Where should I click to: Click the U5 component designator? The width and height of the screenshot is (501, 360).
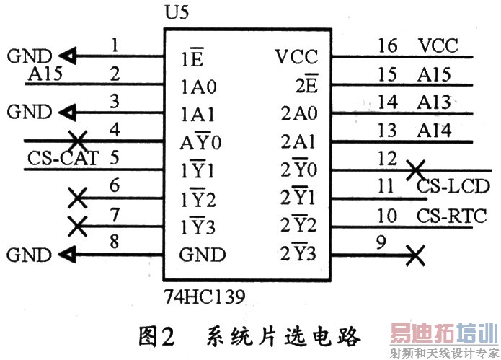click(177, 12)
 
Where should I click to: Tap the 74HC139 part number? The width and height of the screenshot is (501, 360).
click(205, 297)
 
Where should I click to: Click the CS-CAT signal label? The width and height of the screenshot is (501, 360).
click(63, 158)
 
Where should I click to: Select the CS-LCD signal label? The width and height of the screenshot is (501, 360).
click(453, 186)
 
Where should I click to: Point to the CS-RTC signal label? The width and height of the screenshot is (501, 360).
click(451, 216)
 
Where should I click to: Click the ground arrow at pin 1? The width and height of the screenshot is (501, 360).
click(68, 56)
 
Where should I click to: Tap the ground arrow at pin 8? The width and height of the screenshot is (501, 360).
click(68, 255)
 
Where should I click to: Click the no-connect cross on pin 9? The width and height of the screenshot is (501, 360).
click(415, 255)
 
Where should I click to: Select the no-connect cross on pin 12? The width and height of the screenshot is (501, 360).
click(415, 170)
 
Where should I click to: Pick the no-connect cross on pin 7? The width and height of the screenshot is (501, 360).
click(78, 227)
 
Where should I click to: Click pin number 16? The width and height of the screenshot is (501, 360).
click(388, 45)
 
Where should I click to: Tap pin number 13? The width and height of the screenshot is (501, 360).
click(387, 130)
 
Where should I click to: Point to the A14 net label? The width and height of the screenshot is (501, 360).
click(434, 131)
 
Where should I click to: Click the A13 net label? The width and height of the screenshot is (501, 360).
click(434, 102)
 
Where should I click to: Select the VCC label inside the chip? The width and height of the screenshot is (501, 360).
click(296, 57)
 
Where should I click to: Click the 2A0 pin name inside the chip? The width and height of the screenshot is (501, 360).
click(299, 113)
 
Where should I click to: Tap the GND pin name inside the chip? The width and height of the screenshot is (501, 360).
click(203, 255)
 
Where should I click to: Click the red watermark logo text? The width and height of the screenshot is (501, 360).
click(445, 333)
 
